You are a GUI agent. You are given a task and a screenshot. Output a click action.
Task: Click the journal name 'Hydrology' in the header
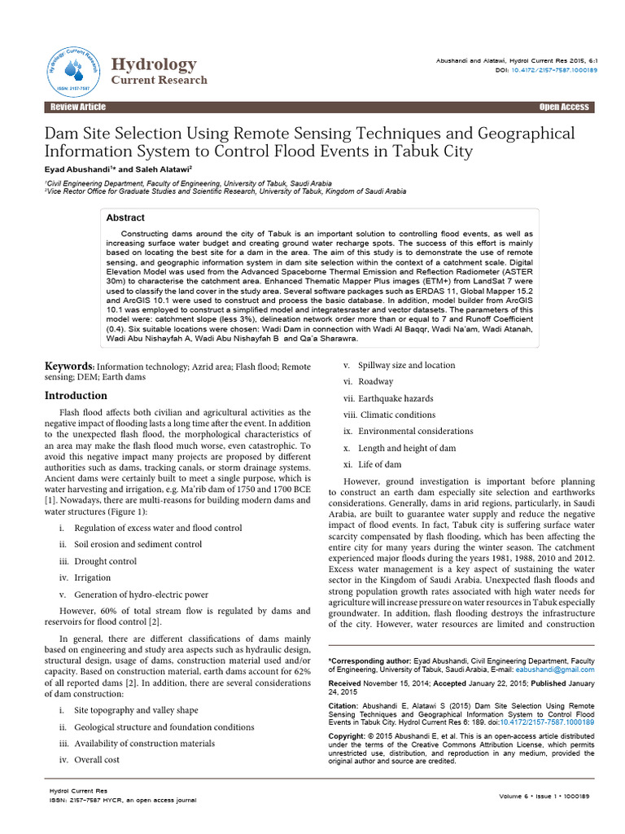coord(153,64)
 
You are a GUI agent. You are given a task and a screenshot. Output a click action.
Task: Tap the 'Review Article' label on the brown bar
coord(77,108)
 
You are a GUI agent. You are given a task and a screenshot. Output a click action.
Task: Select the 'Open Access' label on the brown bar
coord(563,108)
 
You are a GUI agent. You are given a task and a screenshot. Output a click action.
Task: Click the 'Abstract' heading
coord(125,218)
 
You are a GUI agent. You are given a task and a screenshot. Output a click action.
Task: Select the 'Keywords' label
coord(69,367)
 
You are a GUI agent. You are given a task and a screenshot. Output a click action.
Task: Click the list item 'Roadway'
coord(375,381)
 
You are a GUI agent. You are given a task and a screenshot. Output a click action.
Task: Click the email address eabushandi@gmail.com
coord(562,669)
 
